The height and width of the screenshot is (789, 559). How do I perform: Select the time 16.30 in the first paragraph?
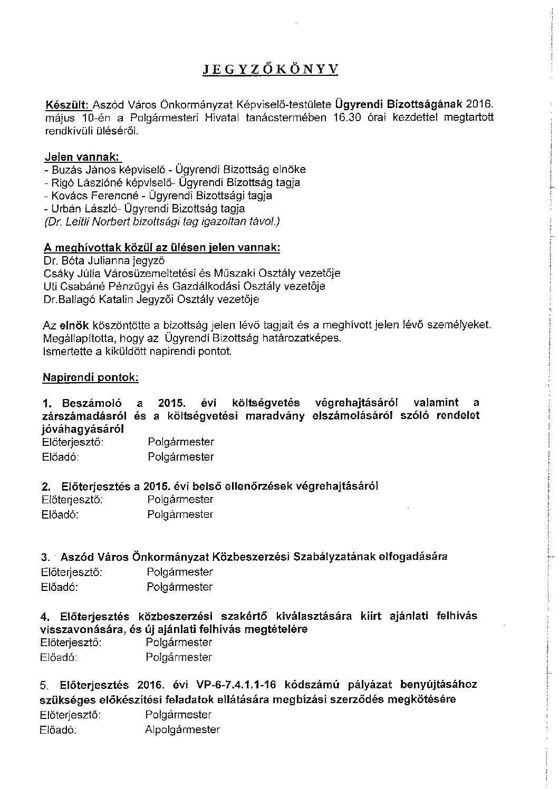click(x=347, y=118)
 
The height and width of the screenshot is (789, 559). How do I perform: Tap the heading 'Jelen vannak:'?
click(x=83, y=157)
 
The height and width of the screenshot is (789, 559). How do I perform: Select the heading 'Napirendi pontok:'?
click(x=91, y=377)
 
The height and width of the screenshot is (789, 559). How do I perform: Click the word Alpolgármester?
click(x=182, y=730)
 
